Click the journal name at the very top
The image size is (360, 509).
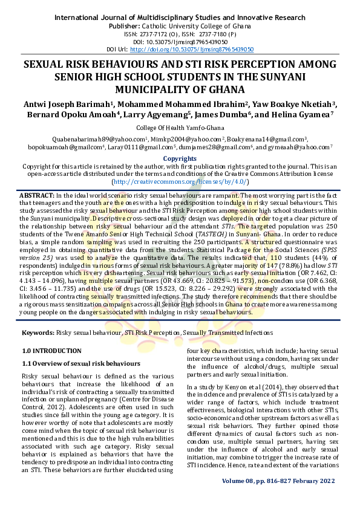tap(180, 18)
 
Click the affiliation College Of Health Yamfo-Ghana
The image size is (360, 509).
tap(180, 128)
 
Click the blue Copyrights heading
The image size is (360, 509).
tap(180, 158)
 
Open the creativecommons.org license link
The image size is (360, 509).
tap(179, 181)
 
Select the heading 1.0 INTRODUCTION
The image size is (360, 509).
tap(51, 351)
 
